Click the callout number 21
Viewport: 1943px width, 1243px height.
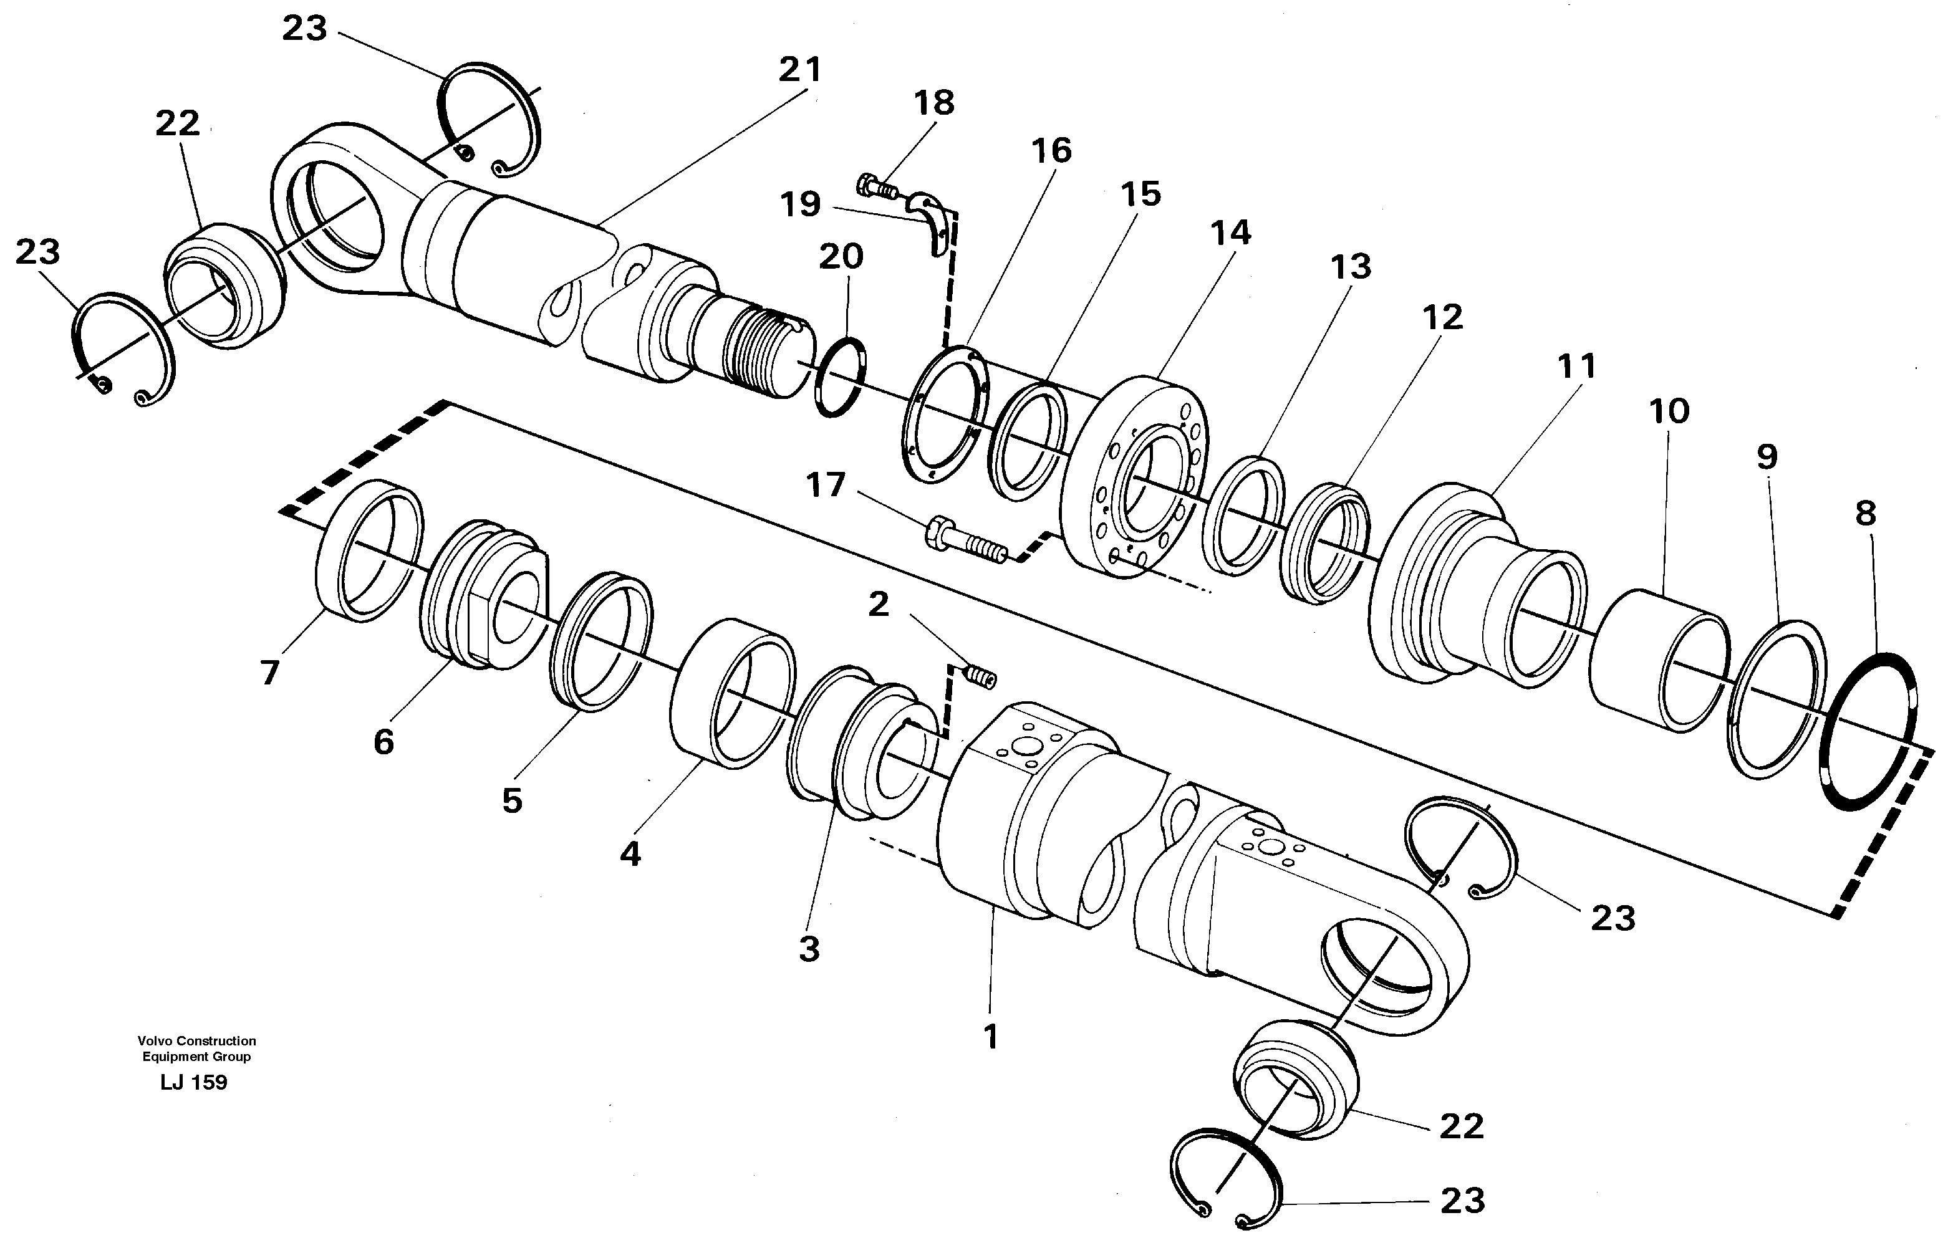799,70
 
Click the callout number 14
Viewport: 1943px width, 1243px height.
1230,233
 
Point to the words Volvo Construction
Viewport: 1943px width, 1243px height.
196,1041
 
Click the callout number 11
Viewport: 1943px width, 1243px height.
1576,367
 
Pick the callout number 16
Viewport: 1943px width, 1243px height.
1052,151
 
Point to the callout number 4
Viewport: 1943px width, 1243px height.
630,853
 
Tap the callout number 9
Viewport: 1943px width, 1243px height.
1767,458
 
